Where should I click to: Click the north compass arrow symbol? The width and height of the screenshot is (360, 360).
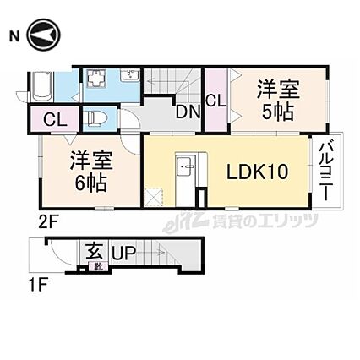click(44, 35)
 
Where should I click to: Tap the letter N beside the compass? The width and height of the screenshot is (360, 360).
click(14, 37)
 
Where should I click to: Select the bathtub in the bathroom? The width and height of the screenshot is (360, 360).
click(42, 87)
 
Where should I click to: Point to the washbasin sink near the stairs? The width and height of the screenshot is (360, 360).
click(129, 75)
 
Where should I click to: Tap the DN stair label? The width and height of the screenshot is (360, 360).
click(188, 112)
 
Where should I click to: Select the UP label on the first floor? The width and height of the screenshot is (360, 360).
click(124, 253)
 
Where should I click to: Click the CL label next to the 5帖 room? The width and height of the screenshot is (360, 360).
click(216, 101)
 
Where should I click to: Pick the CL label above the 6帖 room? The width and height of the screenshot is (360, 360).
click(55, 120)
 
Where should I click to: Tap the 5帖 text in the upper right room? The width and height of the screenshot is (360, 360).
click(278, 112)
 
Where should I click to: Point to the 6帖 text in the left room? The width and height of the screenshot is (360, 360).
click(90, 183)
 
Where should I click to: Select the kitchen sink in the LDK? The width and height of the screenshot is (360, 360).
click(186, 166)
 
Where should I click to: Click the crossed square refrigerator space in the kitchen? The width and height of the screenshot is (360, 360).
click(154, 197)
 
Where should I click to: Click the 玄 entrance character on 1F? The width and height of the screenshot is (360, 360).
click(94, 251)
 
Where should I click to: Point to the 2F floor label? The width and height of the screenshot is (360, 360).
click(48, 225)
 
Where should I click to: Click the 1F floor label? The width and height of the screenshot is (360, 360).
click(39, 286)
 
